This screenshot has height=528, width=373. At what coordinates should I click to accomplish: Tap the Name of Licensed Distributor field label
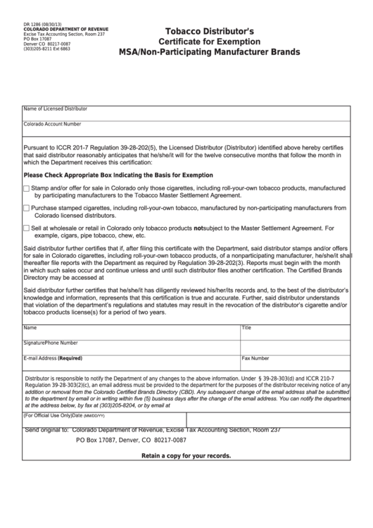pyautogui.click(x=56, y=109)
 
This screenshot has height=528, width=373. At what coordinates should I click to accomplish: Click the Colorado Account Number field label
pyautogui.click(x=53, y=123)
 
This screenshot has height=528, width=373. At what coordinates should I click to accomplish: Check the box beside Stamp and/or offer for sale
pyautogui.click(x=27, y=189)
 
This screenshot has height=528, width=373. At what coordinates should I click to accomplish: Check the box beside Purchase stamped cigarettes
pyautogui.click(x=27, y=209)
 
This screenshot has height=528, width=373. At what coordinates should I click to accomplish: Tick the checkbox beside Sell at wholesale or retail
pyautogui.click(x=27, y=228)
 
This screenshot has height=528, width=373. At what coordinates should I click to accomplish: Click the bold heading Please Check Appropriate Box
pyautogui.click(x=118, y=175)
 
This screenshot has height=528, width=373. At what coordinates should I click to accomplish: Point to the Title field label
pyautogui.click(x=246, y=328)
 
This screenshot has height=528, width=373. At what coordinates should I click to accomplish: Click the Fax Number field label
pyautogui.click(x=255, y=358)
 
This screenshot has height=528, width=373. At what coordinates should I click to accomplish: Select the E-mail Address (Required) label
pyautogui.click(x=53, y=358)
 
